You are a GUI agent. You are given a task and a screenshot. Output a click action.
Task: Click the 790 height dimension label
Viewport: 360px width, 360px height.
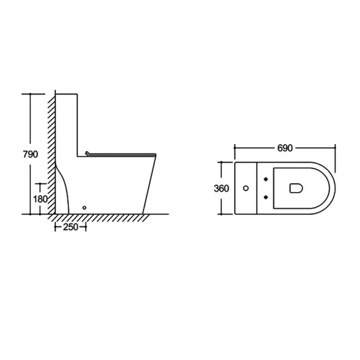(31, 154)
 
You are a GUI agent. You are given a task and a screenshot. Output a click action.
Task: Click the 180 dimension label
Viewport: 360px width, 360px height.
(40, 199)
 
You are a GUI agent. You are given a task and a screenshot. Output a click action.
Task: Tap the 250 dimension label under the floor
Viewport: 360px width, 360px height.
(71, 227)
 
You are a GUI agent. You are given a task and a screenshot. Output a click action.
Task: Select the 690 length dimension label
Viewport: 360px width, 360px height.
(285, 148)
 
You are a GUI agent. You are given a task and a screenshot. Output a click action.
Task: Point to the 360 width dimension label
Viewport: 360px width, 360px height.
(221, 188)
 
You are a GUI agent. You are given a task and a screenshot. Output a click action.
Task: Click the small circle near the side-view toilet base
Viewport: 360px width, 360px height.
(84, 208)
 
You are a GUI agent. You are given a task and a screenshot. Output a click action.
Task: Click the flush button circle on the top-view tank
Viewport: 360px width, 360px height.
(245, 188)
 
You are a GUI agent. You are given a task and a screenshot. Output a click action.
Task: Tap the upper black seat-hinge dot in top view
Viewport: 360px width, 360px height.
(266, 179)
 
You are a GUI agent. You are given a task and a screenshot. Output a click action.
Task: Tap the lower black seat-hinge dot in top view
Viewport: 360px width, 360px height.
(266, 197)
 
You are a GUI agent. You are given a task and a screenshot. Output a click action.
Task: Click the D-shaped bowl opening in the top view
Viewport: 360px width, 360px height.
(296, 188)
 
